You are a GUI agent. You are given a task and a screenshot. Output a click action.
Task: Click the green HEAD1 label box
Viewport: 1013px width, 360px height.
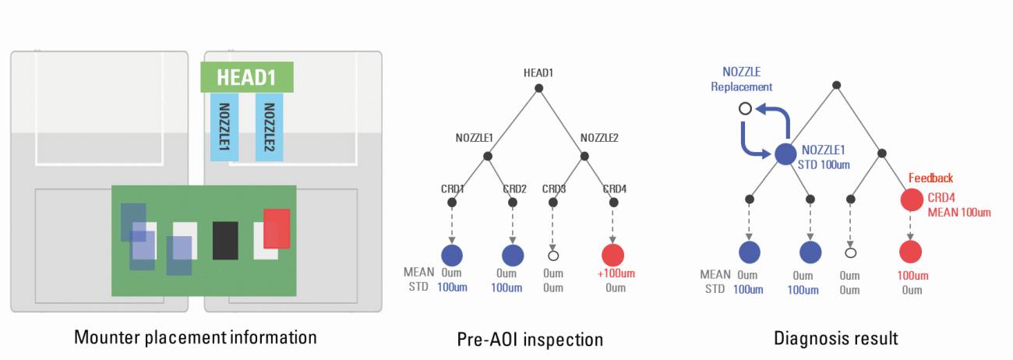point(246,77)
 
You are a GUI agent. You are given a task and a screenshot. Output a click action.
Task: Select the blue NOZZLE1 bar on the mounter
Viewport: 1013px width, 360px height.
point(224,126)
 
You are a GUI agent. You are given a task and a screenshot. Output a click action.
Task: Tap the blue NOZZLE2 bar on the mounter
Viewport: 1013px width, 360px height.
point(269,126)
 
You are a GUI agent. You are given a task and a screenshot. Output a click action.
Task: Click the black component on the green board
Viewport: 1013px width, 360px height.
point(225,240)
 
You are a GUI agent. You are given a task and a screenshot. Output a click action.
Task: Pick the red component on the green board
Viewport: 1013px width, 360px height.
point(277,228)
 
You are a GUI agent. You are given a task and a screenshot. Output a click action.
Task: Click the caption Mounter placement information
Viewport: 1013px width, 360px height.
point(196,337)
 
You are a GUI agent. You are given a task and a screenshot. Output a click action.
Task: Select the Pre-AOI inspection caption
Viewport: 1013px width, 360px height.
point(530,340)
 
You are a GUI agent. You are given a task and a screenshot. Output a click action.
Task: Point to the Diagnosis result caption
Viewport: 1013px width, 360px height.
point(835,338)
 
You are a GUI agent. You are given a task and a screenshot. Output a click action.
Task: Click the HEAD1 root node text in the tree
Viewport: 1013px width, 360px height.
point(538,72)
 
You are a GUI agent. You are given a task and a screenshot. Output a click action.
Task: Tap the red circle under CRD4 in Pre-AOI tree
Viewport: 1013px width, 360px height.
point(613,255)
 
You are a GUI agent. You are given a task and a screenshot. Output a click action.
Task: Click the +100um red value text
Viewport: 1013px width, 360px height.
point(612,274)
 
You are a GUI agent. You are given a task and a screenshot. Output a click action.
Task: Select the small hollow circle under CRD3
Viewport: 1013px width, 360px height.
point(553,255)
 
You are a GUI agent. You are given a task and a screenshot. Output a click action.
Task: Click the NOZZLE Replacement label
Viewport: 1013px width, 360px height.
point(742,80)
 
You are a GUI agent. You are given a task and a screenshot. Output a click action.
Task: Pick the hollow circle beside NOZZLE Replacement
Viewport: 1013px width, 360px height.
point(745,108)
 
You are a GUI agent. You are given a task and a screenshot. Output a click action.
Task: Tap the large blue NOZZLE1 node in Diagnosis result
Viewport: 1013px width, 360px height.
point(785,154)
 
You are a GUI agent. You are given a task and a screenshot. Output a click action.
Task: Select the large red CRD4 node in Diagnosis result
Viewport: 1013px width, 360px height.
point(912,200)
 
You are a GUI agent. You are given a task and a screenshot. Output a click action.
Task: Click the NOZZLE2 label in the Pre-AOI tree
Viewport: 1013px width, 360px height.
point(599,138)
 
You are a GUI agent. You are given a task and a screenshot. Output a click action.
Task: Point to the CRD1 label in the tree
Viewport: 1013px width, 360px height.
point(451,189)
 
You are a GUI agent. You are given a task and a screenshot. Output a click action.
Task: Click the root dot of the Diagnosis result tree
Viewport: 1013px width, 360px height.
point(836,84)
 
